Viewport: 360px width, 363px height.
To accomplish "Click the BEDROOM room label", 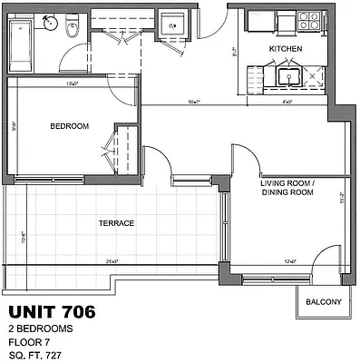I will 69,126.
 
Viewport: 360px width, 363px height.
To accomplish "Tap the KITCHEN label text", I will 285,48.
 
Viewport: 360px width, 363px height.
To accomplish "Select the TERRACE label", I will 116,223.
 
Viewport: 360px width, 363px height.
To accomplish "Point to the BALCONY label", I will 323,301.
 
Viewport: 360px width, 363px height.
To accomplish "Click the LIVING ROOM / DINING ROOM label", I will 287,188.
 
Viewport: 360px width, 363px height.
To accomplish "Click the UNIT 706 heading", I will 51,314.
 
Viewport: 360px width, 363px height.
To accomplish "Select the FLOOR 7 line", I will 28,342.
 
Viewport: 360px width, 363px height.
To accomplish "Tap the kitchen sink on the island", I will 290,76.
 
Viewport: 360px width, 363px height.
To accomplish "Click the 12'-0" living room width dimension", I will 290,262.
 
